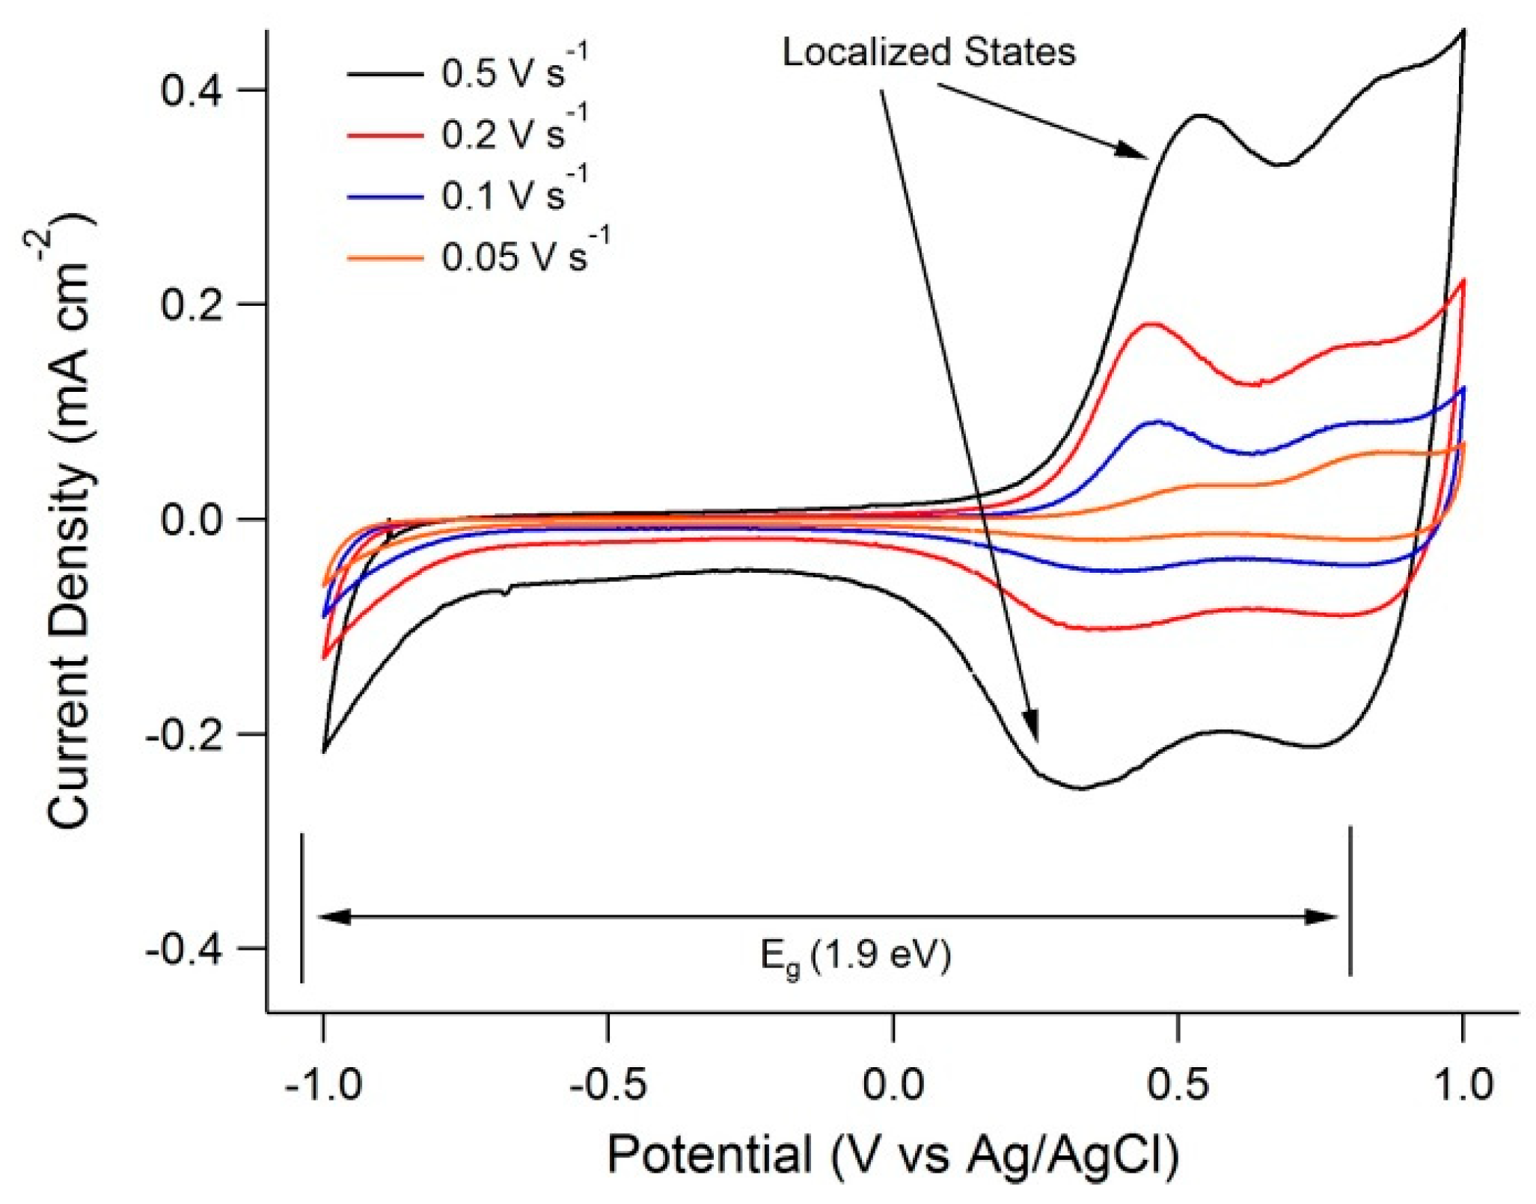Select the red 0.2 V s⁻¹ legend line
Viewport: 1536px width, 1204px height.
point(385,135)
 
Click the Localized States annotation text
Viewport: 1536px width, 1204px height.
point(928,52)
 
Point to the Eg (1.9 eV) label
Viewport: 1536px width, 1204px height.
point(855,956)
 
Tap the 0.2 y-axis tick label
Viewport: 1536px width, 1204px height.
point(191,304)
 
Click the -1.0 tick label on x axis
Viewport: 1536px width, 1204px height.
point(323,1084)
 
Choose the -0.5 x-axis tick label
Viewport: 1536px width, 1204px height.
point(608,1084)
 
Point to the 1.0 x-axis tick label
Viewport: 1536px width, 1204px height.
point(1463,1084)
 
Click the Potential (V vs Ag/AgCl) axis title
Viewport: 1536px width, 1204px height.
point(893,1154)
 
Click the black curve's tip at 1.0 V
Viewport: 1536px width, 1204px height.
point(1463,31)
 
